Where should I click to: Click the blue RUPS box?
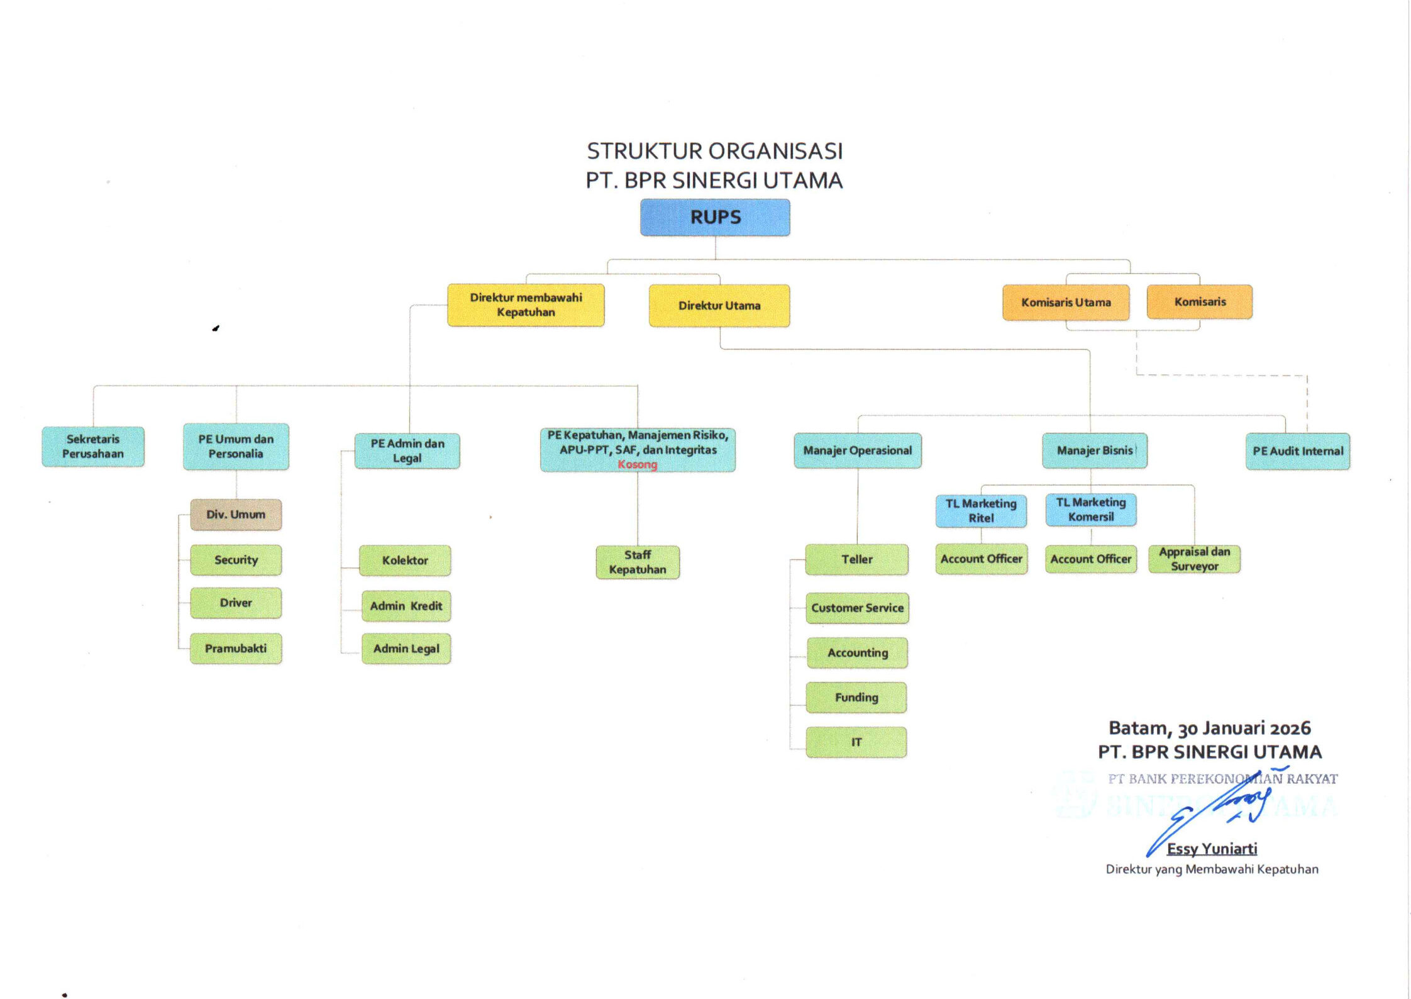click(715, 218)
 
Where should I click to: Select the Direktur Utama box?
click(719, 306)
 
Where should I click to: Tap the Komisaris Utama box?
click(1066, 303)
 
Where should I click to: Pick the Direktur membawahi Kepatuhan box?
click(526, 305)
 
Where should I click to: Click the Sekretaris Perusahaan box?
click(93, 447)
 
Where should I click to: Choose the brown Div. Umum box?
click(236, 515)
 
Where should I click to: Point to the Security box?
click(236, 560)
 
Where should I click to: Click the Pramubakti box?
click(236, 649)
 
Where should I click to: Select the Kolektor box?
click(405, 561)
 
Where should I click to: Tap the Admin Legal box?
click(406, 649)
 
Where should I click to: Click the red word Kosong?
click(637, 465)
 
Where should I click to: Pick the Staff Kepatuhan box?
click(638, 562)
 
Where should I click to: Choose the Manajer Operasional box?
click(858, 450)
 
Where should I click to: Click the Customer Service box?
click(857, 608)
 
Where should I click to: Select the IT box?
click(856, 742)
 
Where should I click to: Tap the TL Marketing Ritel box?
click(981, 511)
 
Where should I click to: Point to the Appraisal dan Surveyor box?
click(1194, 559)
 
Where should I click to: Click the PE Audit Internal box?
click(1298, 451)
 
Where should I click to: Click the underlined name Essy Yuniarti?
click(1212, 849)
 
